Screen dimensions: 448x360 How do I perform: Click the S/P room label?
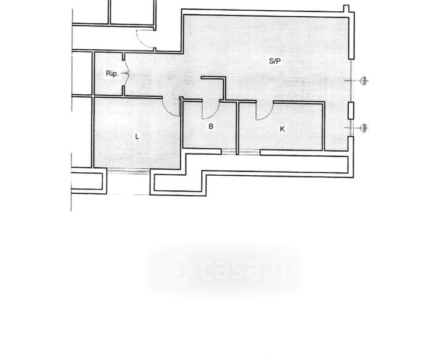point(274,61)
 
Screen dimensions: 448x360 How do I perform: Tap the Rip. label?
point(111,74)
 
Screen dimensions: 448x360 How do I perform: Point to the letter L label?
point(137,136)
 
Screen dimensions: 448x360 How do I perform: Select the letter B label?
point(211,127)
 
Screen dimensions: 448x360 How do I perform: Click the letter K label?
point(282,128)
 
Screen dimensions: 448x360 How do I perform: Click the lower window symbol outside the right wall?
point(365,127)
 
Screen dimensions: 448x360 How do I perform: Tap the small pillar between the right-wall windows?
point(351,110)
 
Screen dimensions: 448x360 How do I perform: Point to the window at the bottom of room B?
point(229,152)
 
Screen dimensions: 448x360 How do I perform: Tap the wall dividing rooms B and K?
point(238,128)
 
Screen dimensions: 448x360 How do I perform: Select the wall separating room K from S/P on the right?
point(325,126)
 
